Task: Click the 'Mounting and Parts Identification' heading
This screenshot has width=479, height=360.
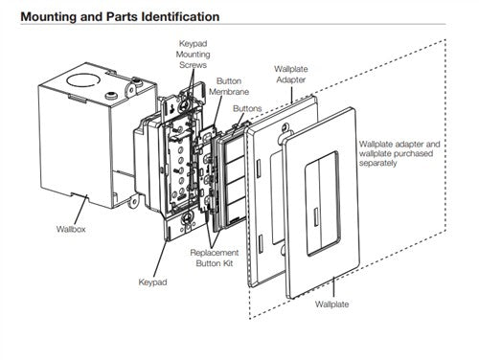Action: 120,16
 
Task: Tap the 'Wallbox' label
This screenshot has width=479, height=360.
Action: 71,229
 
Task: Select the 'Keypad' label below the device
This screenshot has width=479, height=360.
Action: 152,282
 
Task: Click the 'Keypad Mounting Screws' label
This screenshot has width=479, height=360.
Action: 193,55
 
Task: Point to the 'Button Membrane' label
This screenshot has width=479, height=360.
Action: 229,86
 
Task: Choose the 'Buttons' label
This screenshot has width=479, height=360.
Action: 247,108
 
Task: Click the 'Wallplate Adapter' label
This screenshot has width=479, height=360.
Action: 291,75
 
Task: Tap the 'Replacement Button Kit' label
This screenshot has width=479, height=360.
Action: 215,258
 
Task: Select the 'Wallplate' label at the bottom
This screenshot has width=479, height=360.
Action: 331,304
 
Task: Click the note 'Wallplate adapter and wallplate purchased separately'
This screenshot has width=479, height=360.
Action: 399,153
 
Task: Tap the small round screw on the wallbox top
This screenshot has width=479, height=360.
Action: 111,95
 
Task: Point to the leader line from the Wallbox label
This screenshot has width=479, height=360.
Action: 80,210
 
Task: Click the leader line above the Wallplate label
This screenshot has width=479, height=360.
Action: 333,288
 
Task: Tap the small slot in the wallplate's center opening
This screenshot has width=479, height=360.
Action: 316,217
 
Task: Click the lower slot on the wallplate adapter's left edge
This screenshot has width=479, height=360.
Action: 261,243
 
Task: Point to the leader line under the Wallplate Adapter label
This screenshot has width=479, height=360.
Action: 291,95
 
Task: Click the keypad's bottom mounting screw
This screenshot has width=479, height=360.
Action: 186,218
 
